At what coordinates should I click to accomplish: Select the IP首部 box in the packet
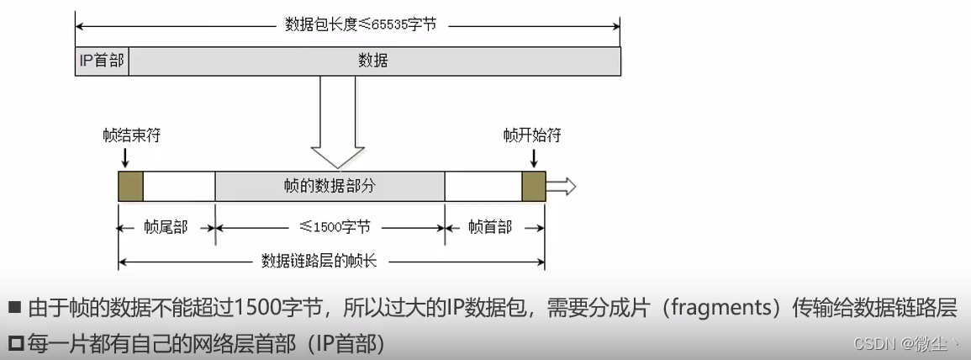coord(102,61)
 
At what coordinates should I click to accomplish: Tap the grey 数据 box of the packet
coord(373,61)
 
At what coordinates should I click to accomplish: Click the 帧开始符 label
coord(532,135)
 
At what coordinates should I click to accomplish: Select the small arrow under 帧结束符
coord(124,156)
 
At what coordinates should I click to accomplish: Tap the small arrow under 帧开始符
coord(533,156)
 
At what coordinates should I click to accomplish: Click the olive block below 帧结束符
coord(130,186)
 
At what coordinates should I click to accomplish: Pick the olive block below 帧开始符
coord(534,186)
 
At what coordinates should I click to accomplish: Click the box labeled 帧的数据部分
coord(330,186)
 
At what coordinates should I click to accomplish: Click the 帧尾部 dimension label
coord(166,227)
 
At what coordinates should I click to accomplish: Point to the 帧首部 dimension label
coord(489,227)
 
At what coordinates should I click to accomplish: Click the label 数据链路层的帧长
coord(319,260)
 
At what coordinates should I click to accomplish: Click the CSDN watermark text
coord(874,344)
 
